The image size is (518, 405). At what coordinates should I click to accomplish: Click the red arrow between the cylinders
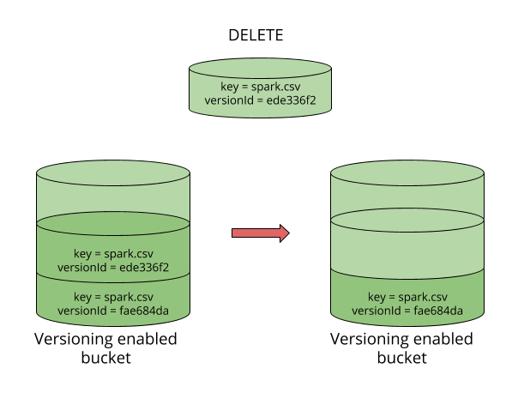pos(257,233)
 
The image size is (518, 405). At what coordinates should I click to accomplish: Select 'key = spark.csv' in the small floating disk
pos(260,87)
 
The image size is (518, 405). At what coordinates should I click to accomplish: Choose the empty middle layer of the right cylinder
pos(407,248)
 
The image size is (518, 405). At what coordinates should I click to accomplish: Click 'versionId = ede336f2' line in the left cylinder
pos(112,267)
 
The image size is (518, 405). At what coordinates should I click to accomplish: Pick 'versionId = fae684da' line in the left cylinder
pos(112,310)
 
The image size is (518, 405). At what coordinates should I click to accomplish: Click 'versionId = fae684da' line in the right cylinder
pos(407,310)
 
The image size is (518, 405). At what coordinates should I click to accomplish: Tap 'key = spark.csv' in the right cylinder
pos(407,296)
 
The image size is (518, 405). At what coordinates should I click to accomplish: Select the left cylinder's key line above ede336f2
pos(112,253)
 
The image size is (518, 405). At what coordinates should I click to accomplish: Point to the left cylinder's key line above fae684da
pos(112,296)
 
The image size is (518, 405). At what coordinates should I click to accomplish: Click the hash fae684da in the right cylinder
pos(437,310)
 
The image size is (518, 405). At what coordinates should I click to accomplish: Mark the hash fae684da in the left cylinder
pos(143,310)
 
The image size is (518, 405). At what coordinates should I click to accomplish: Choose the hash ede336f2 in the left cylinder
pos(142,267)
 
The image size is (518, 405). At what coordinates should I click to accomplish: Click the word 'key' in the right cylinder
pos(376,296)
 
